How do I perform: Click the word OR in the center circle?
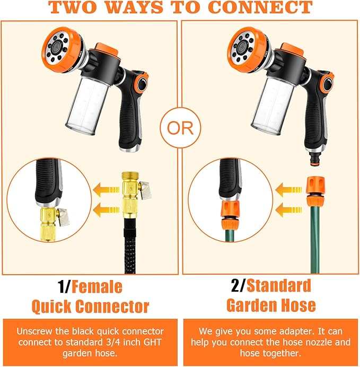click(180, 128)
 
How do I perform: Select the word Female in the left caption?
click(97, 287)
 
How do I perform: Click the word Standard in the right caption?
click(278, 285)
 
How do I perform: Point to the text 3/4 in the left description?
click(112, 342)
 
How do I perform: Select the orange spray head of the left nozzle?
click(63, 49)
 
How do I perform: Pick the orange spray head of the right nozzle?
click(248, 50)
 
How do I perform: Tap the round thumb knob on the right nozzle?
click(328, 84)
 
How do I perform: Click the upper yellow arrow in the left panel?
click(107, 189)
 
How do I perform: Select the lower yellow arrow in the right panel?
click(289, 209)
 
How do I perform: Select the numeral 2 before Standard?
click(235, 286)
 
